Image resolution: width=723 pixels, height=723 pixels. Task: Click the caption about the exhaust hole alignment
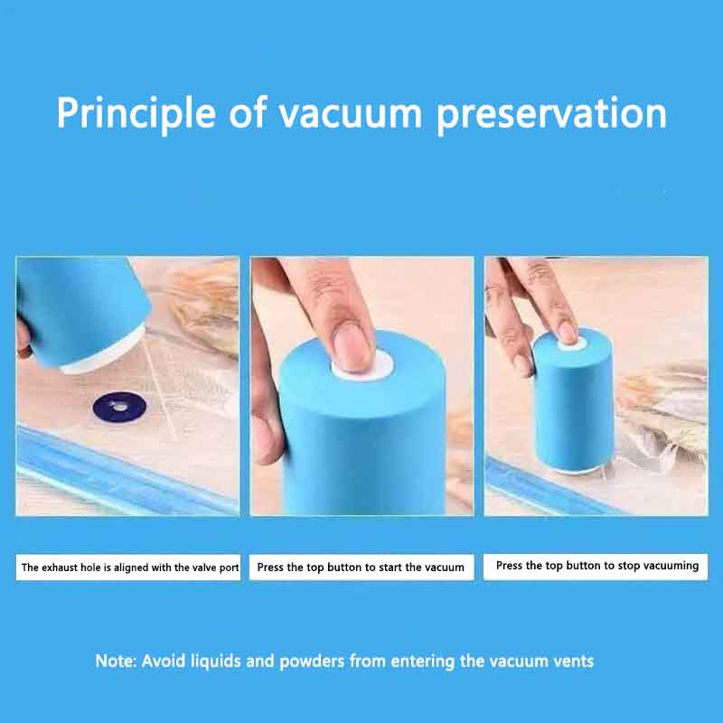[x=129, y=568]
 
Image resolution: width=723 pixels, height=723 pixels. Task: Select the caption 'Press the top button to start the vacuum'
[x=361, y=568]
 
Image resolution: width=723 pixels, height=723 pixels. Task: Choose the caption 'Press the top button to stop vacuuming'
[x=596, y=566]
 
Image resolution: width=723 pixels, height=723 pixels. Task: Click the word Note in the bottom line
[x=117, y=662]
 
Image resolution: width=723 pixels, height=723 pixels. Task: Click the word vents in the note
[x=572, y=662]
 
